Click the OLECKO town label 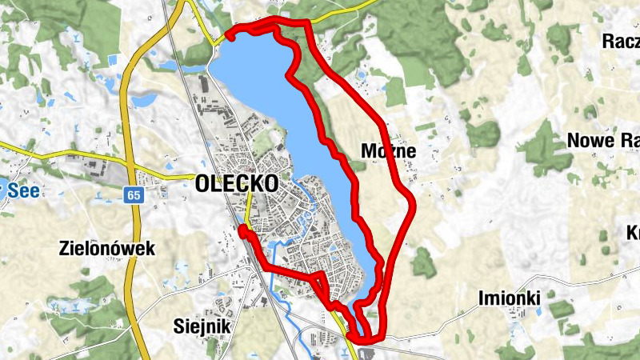point(237,183)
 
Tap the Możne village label point(388,150)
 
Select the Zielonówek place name point(106,249)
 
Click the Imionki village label point(510,298)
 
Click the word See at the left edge point(24,190)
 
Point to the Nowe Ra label point(602,141)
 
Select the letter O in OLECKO point(202,183)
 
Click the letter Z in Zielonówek point(65,249)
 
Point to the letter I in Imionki point(482,298)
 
